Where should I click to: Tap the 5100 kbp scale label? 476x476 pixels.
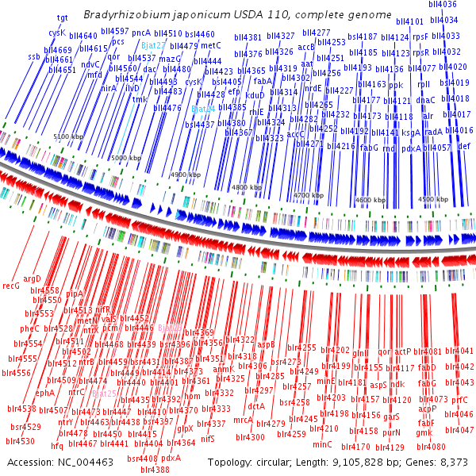click(x=68, y=137)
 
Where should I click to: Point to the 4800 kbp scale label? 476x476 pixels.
click(x=245, y=187)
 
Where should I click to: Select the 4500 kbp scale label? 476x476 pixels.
click(x=433, y=200)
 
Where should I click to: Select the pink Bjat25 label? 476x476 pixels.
click(x=106, y=393)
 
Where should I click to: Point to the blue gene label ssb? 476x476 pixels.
click(x=33, y=57)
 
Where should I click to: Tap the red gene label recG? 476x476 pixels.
click(x=11, y=285)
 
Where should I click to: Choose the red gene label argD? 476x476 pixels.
click(x=32, y=278)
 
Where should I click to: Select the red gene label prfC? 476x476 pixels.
click(x=460, y=401)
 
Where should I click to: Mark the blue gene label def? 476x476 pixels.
click(x=464, y=147)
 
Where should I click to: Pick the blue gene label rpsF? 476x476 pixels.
click(x=421, y=36)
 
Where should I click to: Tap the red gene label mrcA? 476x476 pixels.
click(x=243, y=420)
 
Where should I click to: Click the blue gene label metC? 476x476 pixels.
click(x=210, y=46)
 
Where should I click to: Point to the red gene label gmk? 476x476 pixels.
click(x=424, y=432)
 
